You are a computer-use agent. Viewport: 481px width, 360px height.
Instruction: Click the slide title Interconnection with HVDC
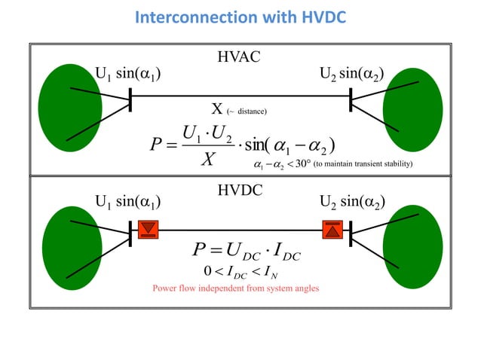pos(240,17)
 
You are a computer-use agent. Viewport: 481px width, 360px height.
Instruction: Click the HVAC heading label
pos(240,57)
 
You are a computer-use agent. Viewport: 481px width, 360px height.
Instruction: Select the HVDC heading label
pos(240,191)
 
